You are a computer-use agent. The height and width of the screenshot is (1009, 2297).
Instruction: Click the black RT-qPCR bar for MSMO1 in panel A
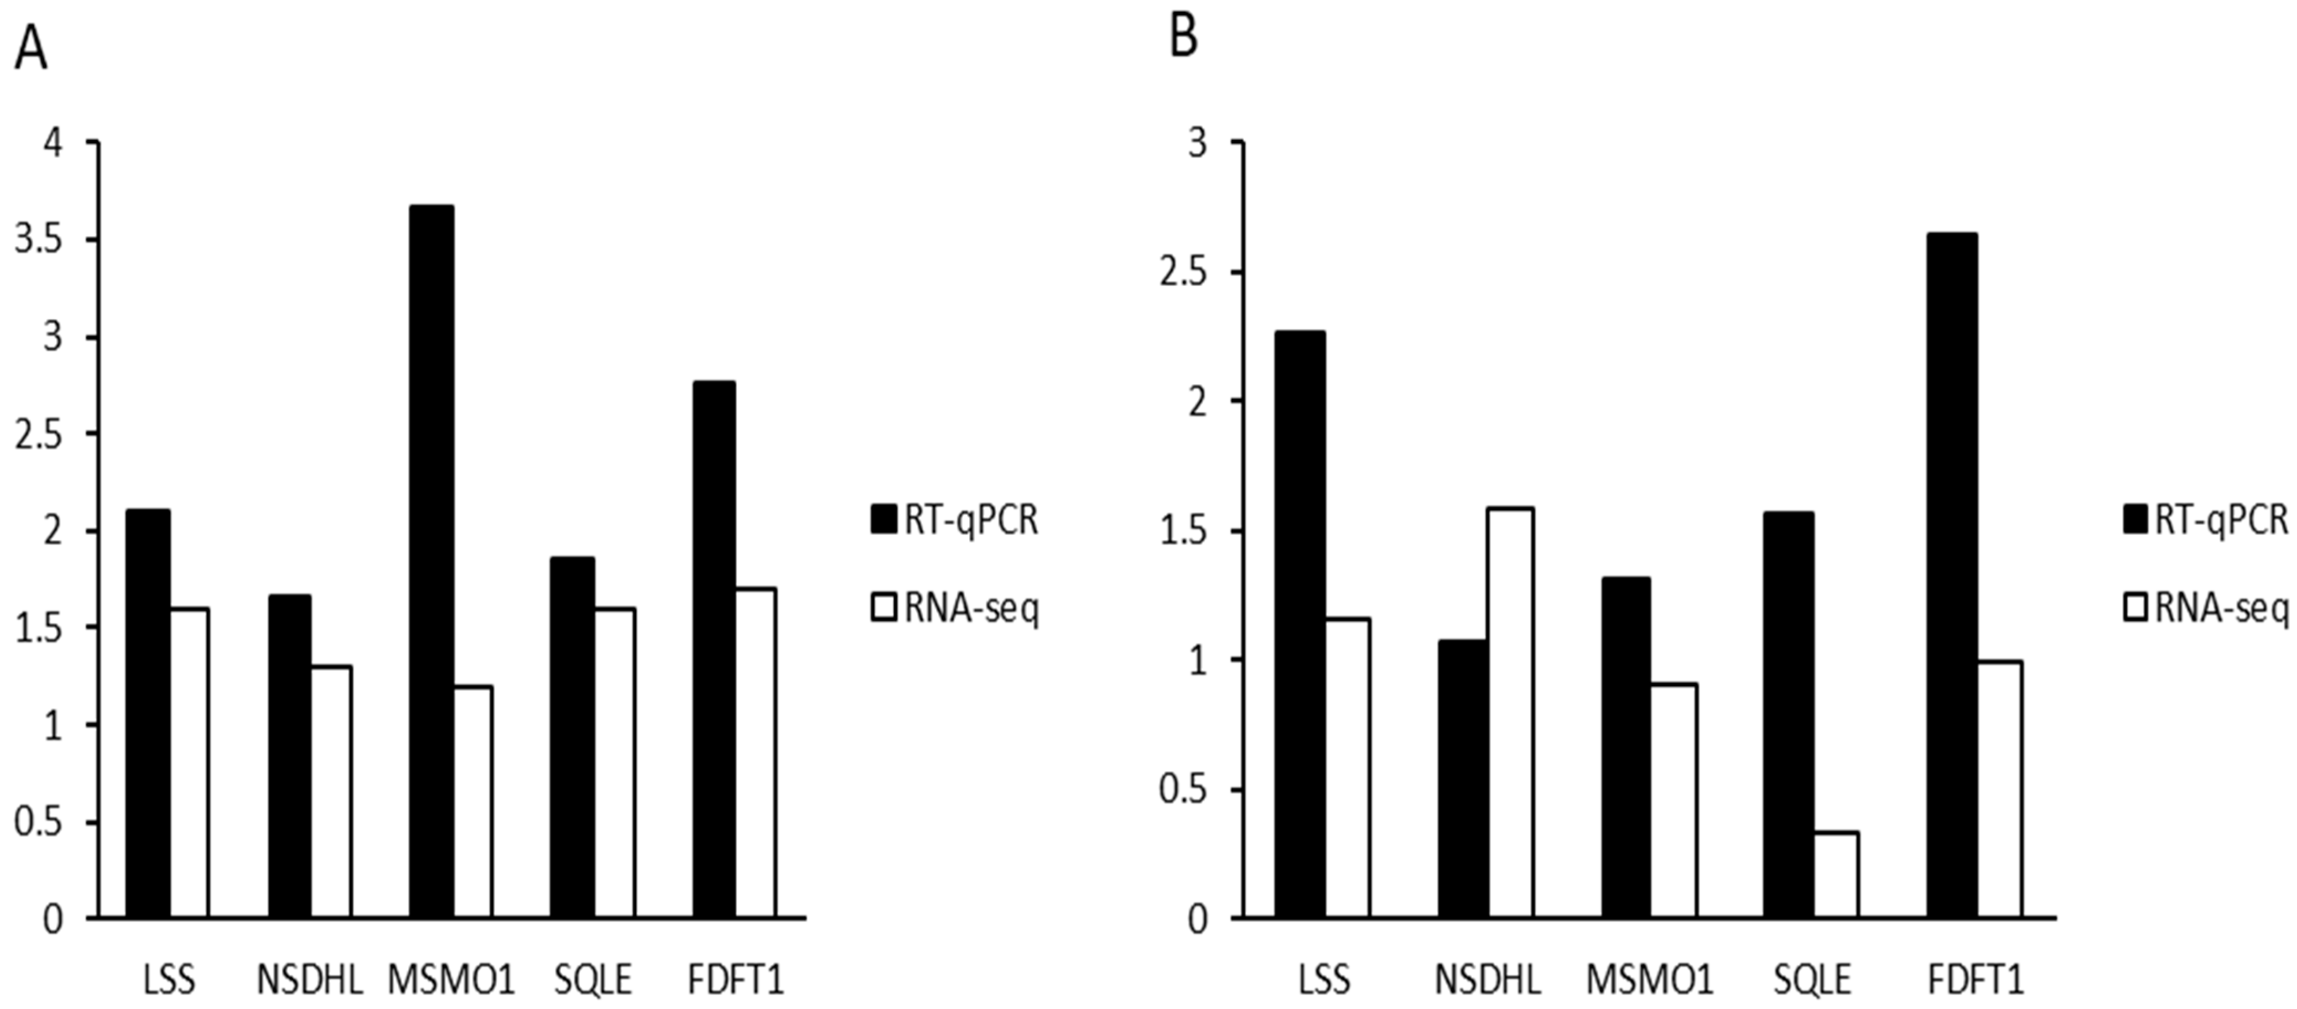click(432, 562)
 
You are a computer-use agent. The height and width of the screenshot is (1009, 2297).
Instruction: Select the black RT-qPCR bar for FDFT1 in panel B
click(1952, 576)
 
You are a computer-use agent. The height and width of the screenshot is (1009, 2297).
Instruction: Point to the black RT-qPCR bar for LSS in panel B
click(1299, 624)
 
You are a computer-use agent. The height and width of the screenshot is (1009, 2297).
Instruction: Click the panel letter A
click(30, 49)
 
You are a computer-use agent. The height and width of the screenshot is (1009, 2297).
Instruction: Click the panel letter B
click(1183, 38)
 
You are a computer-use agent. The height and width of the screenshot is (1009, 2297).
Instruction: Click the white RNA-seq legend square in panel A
click(884, 608)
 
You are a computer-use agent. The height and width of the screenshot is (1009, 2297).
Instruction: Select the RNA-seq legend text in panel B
click(2220, 608)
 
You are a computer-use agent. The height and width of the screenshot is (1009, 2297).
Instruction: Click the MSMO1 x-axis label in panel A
click(451, 980)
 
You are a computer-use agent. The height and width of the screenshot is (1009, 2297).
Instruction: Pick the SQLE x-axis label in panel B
click(1812, 980)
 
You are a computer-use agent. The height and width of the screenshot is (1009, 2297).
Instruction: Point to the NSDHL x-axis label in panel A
click(309, 980)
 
